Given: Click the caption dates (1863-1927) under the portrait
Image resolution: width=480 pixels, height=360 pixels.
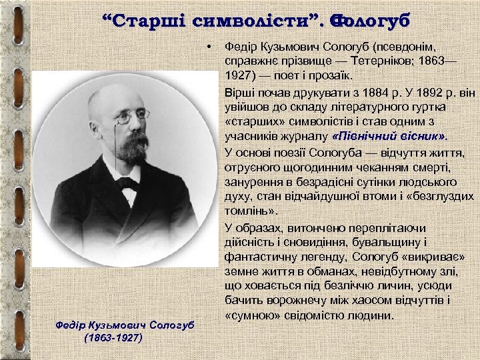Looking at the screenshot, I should [113, 337].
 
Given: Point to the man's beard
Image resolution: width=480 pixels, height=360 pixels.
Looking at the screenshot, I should [133, 146].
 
